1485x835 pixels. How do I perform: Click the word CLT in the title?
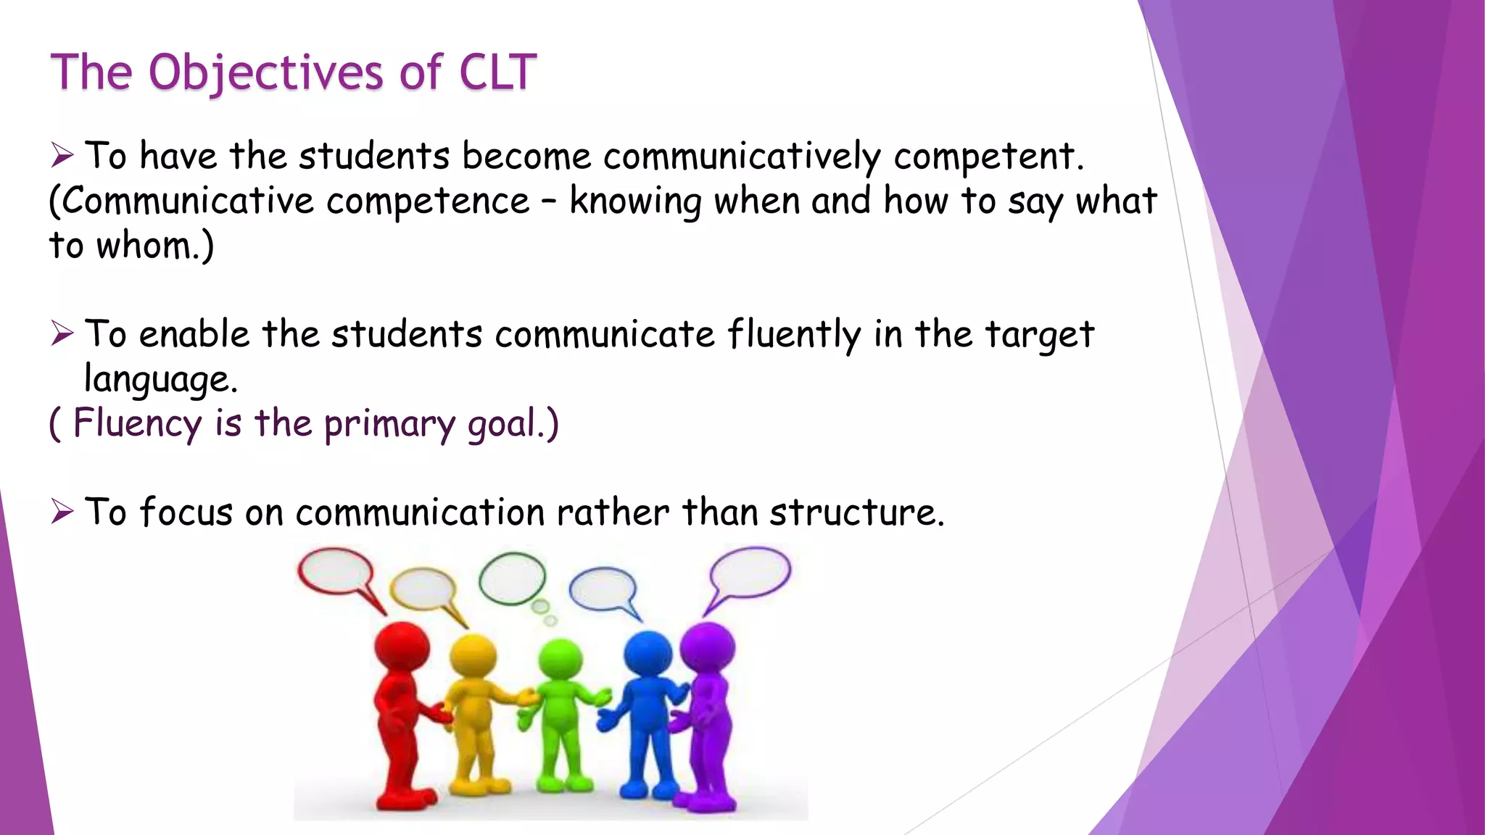coord(497,73)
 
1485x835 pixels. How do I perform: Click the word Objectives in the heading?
coord(265,73)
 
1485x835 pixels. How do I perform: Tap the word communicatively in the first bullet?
coord(741,157)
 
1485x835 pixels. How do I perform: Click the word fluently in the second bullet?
coord(794,335)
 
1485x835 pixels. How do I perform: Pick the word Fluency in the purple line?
coord(137,424)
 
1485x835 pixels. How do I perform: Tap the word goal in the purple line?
coord(505,424)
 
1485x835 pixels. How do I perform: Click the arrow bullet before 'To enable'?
coord(62,334)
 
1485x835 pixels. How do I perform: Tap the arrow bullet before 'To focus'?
coord(62,512)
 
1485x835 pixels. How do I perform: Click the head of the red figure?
coord(401,646)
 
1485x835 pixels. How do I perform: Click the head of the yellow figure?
coord(473,656)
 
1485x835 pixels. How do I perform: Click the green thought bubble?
coord(512,578)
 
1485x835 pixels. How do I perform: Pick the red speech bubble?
coord(336,570)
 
